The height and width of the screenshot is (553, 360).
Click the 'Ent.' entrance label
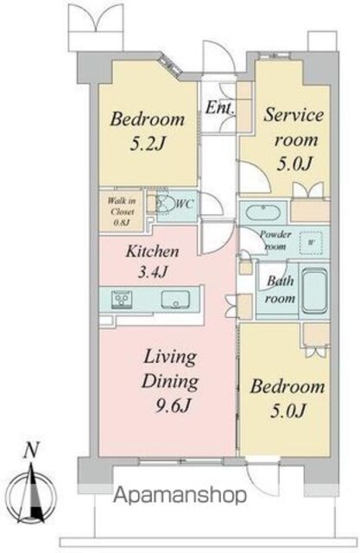click(220, 107)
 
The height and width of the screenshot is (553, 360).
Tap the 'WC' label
click(184, 204)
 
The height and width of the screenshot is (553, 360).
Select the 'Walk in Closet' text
click(122, 207)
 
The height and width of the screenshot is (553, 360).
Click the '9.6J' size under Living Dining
click(173, 406)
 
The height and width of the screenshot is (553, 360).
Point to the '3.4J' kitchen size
click(152, 272)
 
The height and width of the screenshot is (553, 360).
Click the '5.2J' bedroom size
click(148, 143)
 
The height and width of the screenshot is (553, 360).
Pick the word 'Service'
click(294, 115)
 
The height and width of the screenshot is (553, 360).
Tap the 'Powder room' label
click(275, 240)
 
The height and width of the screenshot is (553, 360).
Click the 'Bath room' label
click(280, 289)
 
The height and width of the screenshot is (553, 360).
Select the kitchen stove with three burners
click(122, 300)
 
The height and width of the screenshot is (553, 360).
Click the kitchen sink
click(175, 300)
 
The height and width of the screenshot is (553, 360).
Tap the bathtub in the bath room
click(314, 291)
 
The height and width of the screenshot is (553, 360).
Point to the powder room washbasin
click(263, 213)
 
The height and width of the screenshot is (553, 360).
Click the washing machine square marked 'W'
click(311, 243)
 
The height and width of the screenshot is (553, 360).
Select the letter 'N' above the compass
click(31, 450)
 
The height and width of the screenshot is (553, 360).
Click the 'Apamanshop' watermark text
click(180, 495)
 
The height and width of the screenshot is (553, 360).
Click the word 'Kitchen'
click(152, 251)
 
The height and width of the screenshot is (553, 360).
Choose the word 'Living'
click(170, 358)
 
